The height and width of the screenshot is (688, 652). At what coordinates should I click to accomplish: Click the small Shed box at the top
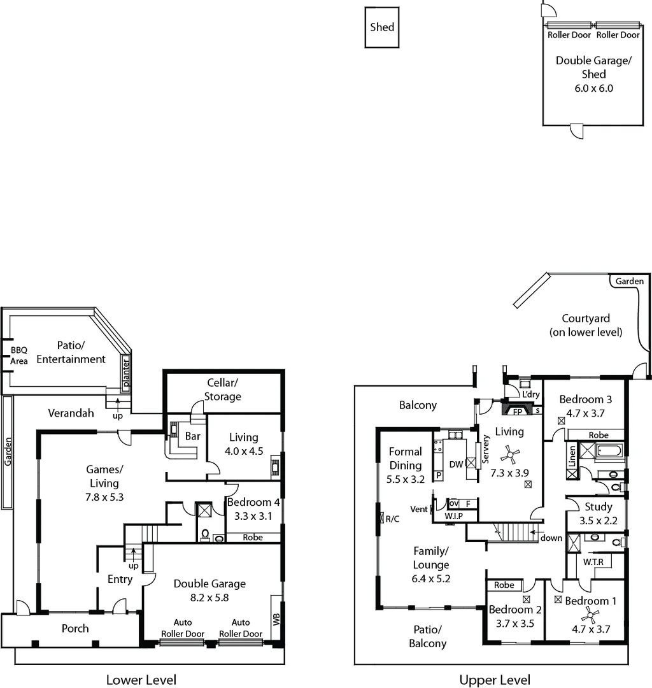(x=382, y=27)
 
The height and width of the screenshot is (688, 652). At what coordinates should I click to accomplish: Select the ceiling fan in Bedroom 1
(x=590, y=615)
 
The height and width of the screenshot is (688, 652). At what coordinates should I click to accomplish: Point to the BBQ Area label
(x=18, y=355)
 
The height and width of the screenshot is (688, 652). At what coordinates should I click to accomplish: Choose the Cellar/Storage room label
(x=223, y=389)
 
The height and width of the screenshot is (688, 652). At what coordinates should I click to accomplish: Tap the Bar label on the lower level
(x=192, y=438)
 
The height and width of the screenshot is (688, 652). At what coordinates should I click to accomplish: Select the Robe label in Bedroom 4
(x=253, y=537)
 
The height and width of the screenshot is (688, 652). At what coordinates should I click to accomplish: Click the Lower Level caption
(x=141, y=680)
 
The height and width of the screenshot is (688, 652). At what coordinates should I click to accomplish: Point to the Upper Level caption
(x=495, y=680)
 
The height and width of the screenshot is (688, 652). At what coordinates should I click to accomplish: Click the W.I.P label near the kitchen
(x=453, y=515)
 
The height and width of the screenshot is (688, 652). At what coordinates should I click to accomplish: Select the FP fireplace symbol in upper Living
(x=518, y=412)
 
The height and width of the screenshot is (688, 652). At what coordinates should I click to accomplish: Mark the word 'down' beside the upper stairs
(x=551, y=538)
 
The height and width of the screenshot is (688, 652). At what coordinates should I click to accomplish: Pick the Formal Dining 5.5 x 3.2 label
(x=406, y=465)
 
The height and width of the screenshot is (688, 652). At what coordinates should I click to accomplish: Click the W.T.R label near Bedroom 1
(x=594, y=562)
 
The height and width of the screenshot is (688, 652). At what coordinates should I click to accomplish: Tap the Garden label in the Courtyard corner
(x=630, y=281)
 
